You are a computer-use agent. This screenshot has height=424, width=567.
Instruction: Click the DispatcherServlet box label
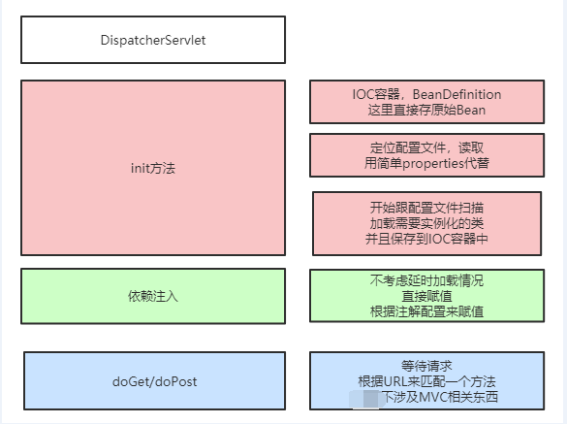point(153,40)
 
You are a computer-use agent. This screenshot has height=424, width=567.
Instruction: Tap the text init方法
point(153,168)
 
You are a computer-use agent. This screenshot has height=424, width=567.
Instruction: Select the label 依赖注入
point(153,294)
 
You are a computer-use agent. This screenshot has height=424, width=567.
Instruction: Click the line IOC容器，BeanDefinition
point(426,94)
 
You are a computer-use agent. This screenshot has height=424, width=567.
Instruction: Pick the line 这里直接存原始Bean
point(426,110)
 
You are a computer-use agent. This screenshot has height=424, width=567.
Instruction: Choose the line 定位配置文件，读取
point(426,147)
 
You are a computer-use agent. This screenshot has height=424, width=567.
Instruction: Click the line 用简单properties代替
point(426,163)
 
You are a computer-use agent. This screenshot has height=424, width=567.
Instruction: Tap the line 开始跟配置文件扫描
point(426,208)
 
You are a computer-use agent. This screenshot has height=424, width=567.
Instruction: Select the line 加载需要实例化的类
point(426,223)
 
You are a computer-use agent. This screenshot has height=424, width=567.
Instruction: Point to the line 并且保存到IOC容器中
point(426,239)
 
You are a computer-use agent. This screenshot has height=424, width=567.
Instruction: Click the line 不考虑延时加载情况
point(426,280)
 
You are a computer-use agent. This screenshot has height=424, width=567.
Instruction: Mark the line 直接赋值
point(426,296)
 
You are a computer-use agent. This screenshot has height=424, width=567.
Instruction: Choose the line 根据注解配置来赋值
point(426,311)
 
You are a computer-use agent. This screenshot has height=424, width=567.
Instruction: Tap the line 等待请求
point(426,365)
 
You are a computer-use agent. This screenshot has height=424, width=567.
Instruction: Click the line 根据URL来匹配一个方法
point(426,380)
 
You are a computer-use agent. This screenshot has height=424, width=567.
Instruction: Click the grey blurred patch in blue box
point(364,398)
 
